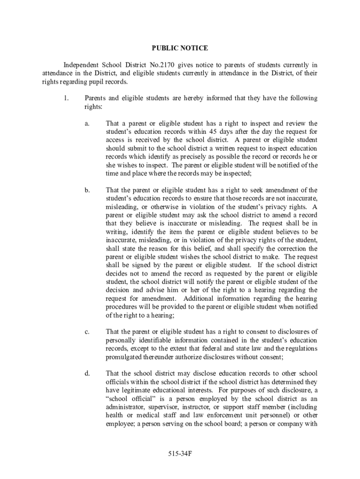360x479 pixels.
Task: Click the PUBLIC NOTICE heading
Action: (180, 48)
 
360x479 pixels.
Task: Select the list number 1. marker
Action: (65, 98)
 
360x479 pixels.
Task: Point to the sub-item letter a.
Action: (87, 123)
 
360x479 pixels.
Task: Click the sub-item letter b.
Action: (87, 190)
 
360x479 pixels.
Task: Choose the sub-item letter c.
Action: (87, 332)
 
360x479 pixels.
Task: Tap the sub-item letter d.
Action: (87, 373)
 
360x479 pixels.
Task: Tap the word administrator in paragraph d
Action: (127, 407)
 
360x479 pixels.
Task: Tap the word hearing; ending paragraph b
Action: (161, 315)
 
